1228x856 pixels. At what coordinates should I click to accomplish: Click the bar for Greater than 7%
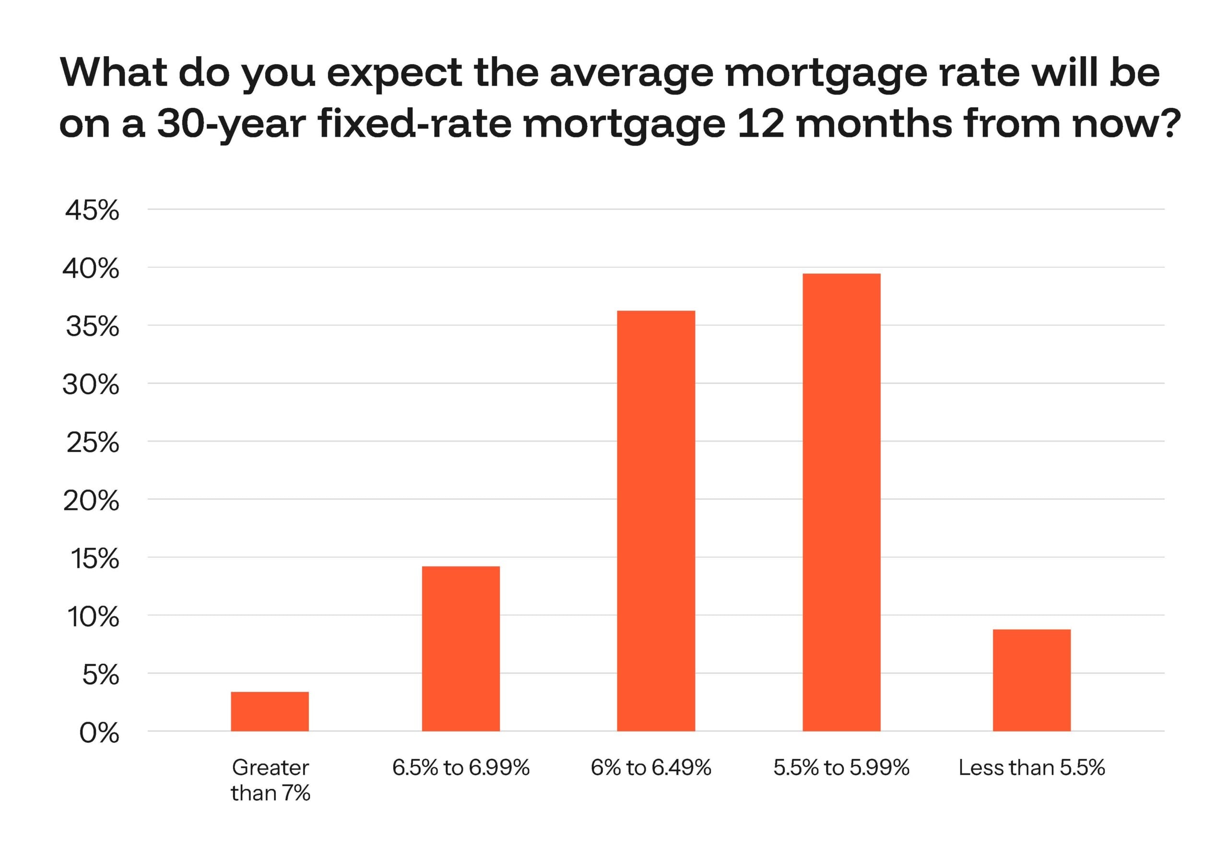[x=270, y=711]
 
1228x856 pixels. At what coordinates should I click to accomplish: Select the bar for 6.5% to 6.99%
[x=460, y=648]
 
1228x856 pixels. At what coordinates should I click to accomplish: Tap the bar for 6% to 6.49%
[x=656, y=520]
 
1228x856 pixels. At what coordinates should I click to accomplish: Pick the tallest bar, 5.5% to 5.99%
[x=841, y=502]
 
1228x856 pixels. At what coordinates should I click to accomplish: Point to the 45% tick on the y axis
[x=92, y=210]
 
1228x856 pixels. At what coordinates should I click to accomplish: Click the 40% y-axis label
[x=91, y=269]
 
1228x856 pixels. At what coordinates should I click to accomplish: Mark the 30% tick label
[x=91, y=384]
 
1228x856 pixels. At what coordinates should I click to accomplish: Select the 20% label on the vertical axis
[x=91, y=501]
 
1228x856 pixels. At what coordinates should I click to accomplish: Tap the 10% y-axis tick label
[x=93, y=617]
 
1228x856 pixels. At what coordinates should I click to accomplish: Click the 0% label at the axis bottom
[x=99, y=733]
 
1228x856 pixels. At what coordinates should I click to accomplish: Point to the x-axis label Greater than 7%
[x=270, y=780]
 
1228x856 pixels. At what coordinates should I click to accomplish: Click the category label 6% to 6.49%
[x=651, y=768]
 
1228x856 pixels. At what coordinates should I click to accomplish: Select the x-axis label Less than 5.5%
[x=1031, y=768]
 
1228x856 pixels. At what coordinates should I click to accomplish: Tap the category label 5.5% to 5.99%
[x=841, y=768]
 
